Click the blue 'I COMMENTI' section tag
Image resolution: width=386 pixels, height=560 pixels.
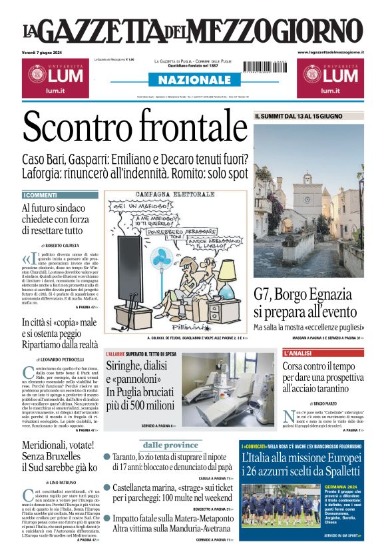point(40,195)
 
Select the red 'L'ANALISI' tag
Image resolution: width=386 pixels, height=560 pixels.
point(301,353)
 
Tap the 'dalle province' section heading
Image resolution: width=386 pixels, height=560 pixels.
point(170,444)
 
